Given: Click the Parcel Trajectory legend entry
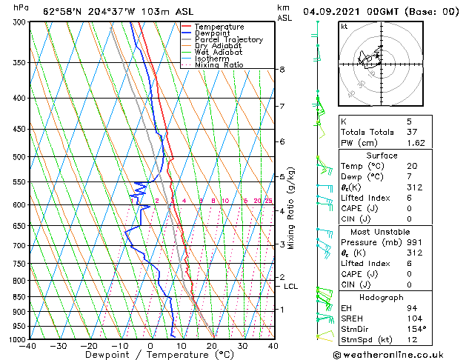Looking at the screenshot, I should point(228,39).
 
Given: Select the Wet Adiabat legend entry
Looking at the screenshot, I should point(219,53).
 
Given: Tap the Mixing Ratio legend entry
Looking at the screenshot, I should point(219,65).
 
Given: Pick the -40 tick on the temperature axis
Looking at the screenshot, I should point(28,346).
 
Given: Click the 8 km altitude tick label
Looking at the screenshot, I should point(282,70).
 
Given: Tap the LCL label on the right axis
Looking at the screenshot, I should point(290,287).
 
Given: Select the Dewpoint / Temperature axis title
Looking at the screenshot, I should point(150,355).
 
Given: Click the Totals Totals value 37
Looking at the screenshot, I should point(411,131).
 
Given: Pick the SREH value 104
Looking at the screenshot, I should point(413,317).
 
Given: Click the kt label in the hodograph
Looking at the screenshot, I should point(344,26).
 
